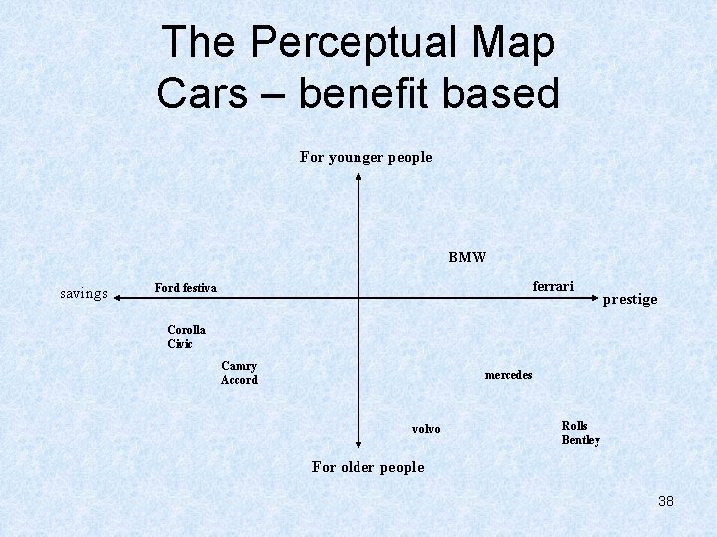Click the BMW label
467,257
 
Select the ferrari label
553,286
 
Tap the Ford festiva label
185,288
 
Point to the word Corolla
187,330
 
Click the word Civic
180,344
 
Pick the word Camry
239,366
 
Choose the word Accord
239,380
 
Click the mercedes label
508,375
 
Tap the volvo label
426,429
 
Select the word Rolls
575,426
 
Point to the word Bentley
581,440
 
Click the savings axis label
84,293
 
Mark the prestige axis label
630,299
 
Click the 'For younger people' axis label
366,157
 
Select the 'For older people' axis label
367,467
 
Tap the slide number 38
666,501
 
